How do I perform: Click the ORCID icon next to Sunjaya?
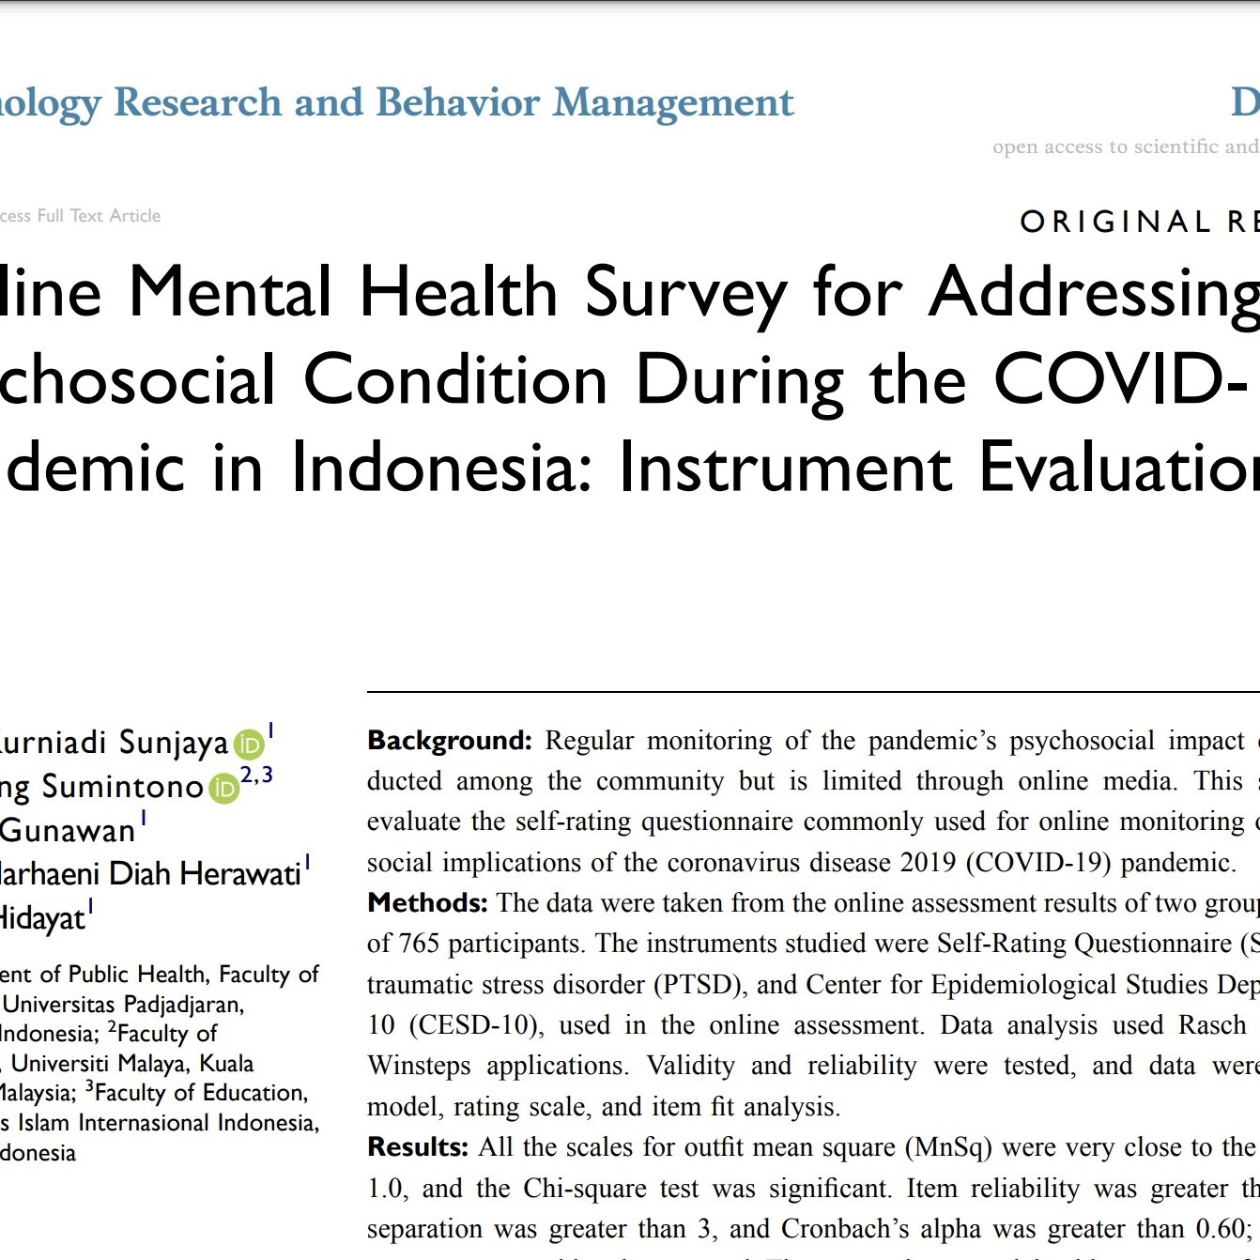click(249, 745)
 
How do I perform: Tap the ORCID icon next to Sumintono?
click(223, 789)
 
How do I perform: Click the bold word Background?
click(450, 741)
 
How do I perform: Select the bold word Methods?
click(427, 903)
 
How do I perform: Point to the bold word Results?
click(417, 1147)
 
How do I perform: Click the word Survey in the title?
click(685, 293)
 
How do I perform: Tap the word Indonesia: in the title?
click(441, 467)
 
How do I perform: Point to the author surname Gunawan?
click(68, 831)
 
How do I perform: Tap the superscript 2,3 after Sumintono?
click(256, 776)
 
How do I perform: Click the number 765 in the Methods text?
click(419, 944)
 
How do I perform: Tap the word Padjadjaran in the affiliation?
click(183, 1005)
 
